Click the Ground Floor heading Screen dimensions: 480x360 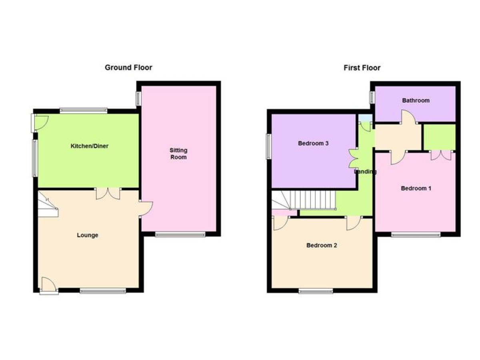tap(128, 68)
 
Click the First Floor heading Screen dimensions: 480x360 tap(362, 68)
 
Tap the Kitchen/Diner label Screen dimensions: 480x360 tap(90, 146)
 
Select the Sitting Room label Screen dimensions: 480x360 tap(178, 154)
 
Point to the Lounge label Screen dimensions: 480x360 tap(88, 235)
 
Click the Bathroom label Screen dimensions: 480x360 tap(416, 100)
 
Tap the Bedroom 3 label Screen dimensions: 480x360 tap(313, 143)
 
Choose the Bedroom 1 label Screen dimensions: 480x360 tap(416, 188)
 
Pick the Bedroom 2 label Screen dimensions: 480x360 tap(322, 245)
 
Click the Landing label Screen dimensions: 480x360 tap(365, 172)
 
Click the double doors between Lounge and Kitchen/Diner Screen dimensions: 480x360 tap(108, 194)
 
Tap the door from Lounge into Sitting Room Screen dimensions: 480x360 tap(146, 209)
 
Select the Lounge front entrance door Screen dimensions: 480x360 tap(48, 285)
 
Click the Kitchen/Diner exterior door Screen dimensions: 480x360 tap(40, 123)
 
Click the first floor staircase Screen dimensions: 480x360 tap(304, 200)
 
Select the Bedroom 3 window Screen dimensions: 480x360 tap(269, 146)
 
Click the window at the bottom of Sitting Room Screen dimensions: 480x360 tap(180, 235)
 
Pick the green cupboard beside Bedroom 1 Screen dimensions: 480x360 tap(440, 137)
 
